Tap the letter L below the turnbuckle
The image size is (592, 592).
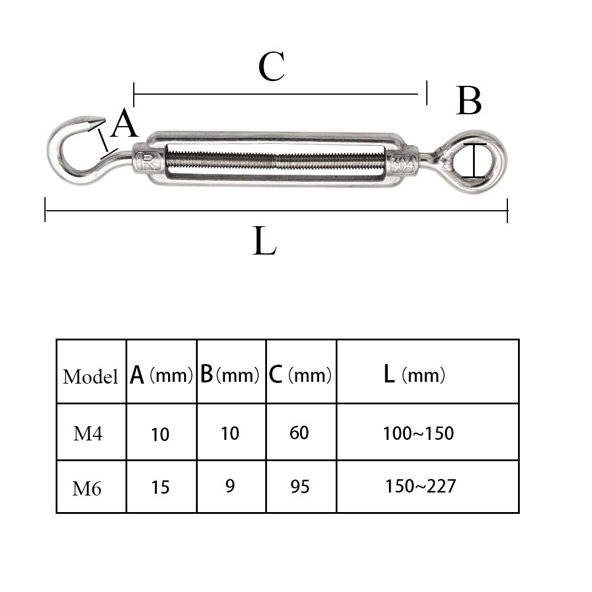point(264,242)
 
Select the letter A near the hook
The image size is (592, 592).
point(124,125)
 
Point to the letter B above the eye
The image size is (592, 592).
point(469,101)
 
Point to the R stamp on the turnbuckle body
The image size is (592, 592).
point(144,160)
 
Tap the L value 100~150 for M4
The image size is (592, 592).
point(418,433)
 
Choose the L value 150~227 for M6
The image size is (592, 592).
point(420,486)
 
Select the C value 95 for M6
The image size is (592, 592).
point(300,487)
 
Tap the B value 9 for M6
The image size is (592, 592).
point(230,486)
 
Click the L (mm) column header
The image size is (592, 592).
point(414,375)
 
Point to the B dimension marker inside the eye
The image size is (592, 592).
point(474,160)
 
